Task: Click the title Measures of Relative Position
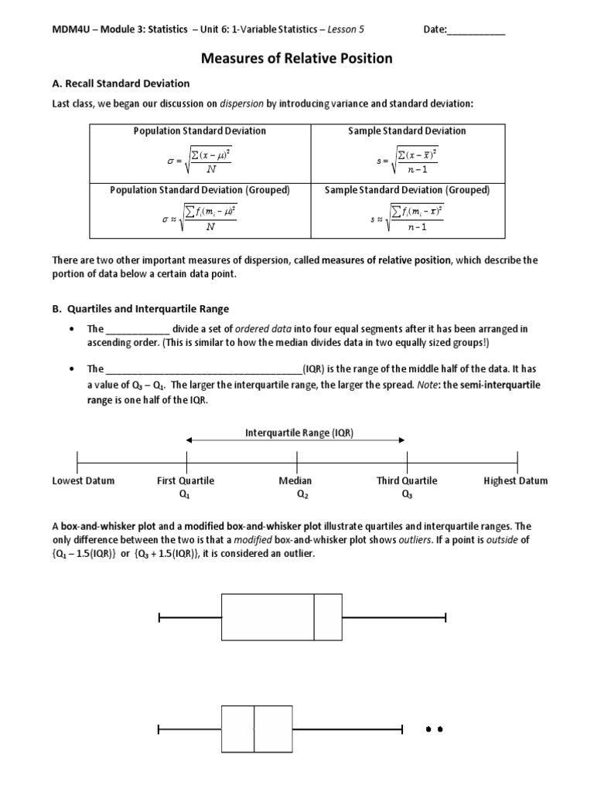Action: [297, 58]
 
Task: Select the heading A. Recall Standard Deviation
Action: [121, 83]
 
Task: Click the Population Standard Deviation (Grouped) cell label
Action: [200, 189]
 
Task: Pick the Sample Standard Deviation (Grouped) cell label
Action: [407, 189]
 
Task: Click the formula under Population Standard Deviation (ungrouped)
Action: [200, 161]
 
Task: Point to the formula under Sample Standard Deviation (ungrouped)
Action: [407, 161]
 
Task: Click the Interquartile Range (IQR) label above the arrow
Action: [299, 433]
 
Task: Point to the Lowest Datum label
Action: [83, 480]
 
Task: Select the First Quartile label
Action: [186, 480]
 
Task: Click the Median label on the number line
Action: [295, 480]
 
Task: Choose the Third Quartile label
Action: [407, 480]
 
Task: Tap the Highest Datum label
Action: [515, 480]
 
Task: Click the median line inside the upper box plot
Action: [314, 616]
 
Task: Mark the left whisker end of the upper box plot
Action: [159, 616]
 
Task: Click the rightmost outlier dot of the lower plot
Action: [440, 728]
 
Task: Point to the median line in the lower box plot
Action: [254, 728]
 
